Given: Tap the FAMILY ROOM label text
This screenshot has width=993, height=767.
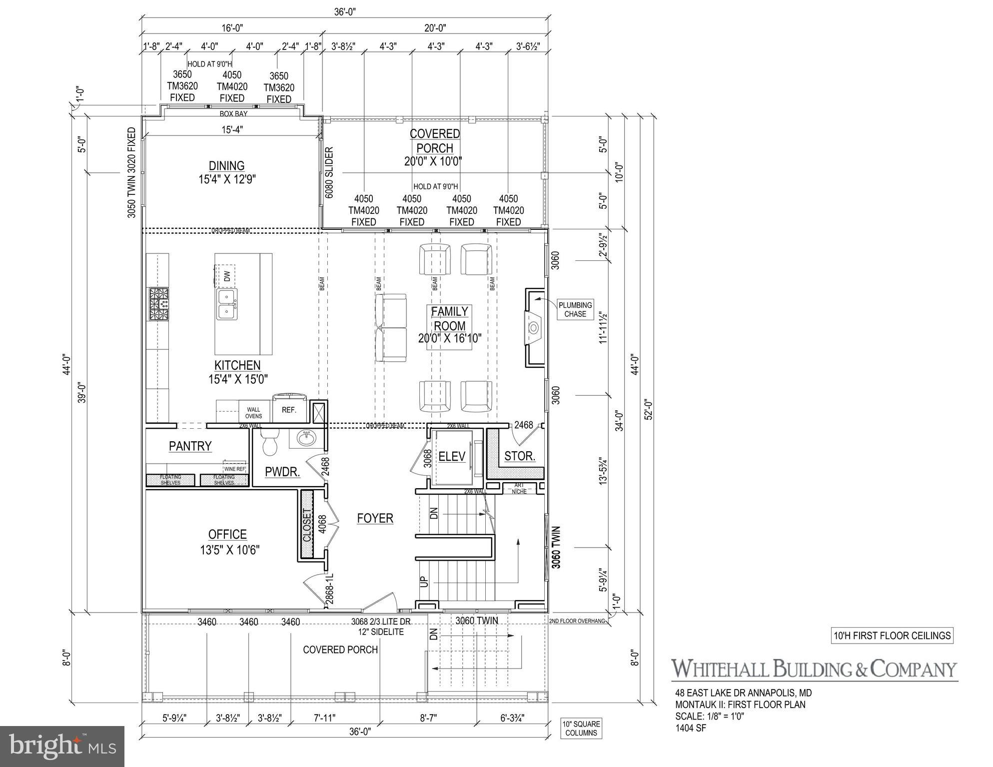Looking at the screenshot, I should [449, 319].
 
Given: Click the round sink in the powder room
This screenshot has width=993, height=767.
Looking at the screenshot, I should [306, 439].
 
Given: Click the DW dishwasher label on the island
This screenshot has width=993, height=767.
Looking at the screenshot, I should [227, 275].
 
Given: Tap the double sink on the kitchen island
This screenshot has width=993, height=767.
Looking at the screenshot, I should [227, 304].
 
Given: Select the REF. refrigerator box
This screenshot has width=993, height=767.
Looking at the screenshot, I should [289, 410].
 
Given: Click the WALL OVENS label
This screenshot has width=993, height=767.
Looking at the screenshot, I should [253, 413].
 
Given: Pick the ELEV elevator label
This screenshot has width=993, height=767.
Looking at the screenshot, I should [452, 456].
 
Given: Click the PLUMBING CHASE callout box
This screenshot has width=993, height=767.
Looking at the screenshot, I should [575, 309].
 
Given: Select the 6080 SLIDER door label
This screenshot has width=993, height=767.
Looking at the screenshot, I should [329, 173].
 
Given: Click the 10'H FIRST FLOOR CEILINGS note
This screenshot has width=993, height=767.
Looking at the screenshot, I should [892, 636].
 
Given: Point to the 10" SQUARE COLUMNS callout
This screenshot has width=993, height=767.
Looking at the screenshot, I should [581, 729].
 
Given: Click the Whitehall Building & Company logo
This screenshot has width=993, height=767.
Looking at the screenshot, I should [814, 669].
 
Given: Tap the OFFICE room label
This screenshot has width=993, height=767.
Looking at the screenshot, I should [227, 535].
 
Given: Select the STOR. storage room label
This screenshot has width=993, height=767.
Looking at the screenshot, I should [520, 456].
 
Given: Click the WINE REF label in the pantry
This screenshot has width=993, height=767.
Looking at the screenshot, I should [234, 469].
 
